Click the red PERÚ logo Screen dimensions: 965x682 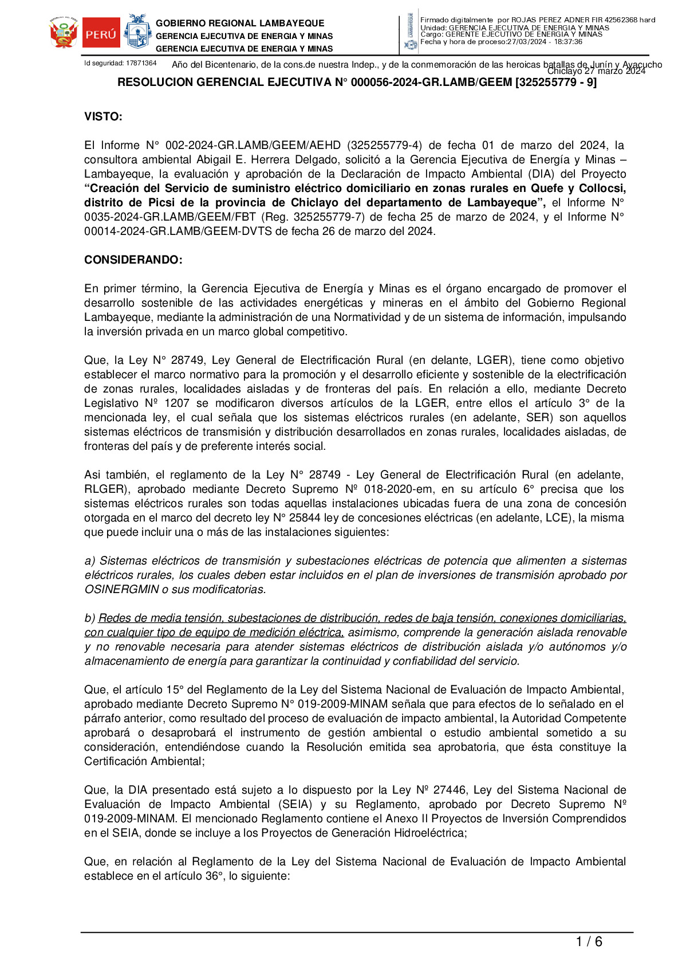tap(101, 33)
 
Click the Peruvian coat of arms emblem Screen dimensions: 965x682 tap(63, 33)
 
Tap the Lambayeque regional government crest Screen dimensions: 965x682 tap(137, 33)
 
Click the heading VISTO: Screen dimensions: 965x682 tap(103, 117)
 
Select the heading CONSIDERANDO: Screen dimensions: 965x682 tap(133, 260)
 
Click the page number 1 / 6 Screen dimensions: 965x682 tap(589, 942)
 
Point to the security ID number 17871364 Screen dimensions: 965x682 tap(141, 63)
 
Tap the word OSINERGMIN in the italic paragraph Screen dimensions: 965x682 tap(121, 590)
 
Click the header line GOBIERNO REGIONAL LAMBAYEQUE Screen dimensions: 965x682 tap(240, 23)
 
